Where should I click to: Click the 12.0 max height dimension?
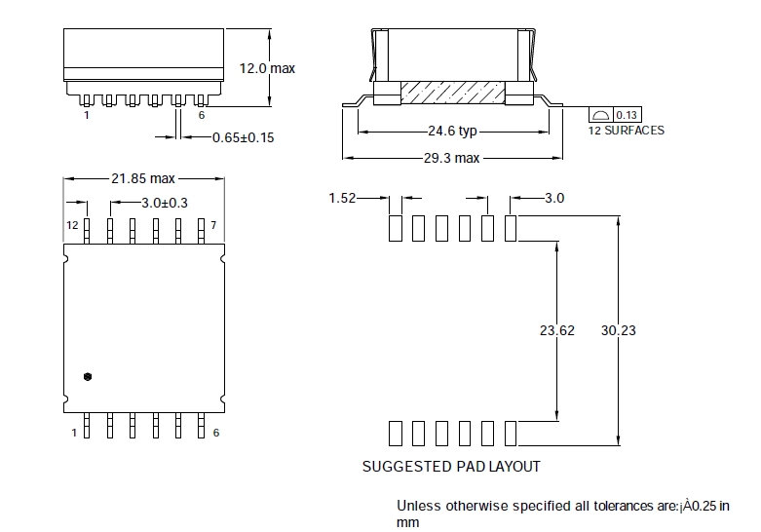coord(267,68)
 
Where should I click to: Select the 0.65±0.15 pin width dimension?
coord(243,137)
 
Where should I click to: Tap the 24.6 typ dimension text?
coord(452,131)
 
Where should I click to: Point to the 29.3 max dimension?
coord(451,157)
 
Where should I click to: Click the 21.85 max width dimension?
coord(143,178)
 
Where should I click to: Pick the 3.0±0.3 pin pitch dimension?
coord(164,203)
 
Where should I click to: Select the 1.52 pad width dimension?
coord(341,198)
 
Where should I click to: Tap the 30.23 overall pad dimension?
coord(618,330)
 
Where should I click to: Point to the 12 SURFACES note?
coord(626,131)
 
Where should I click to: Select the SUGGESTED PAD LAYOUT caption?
coord(451,467)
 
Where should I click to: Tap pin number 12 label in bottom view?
coord(72,225)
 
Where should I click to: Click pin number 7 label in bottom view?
coord(214,225)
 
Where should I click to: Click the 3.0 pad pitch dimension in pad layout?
coord(554,198)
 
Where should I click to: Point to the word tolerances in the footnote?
coord(596,506)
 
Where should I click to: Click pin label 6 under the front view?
coord(201,115)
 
